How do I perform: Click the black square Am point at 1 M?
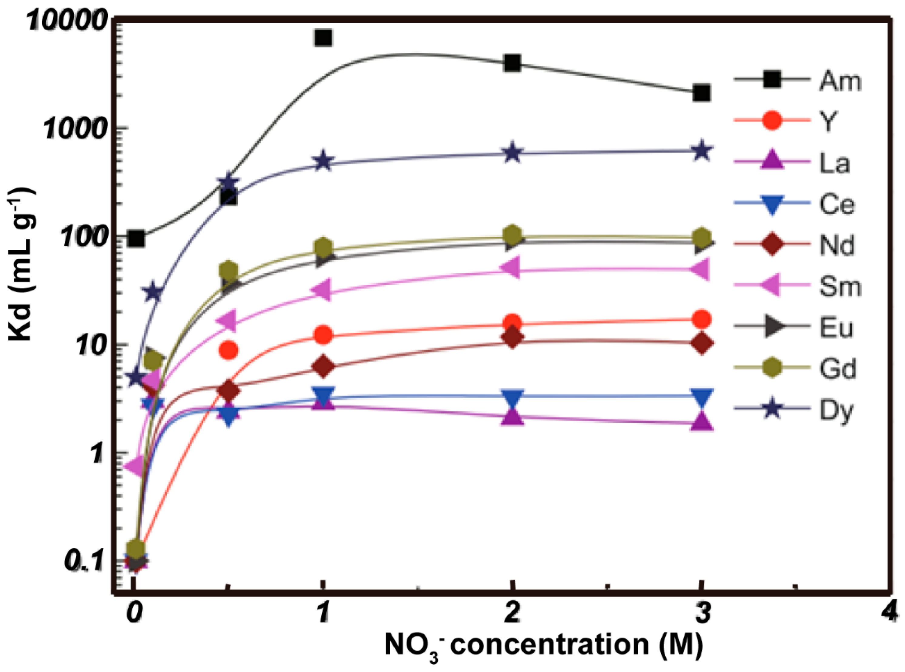(323, 38)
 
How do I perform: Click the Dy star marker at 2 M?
(512, 153)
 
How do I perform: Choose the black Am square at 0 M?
(135, 239)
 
